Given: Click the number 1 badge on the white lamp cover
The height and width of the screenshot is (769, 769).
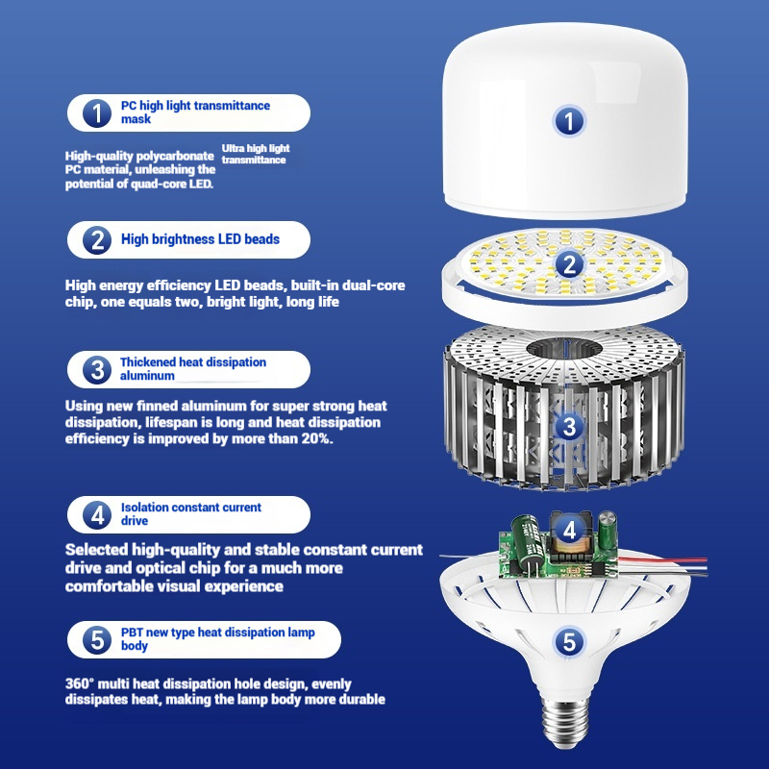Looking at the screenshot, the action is pyautogui.click(x=569, y=121).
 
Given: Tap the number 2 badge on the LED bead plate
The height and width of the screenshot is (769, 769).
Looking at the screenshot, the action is pyautogui.click(x=569, y=264).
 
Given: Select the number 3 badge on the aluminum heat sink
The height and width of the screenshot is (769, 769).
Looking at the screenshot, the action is pyautogui.click(x=569, y=426).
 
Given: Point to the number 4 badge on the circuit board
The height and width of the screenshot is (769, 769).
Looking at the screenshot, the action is pyautogui.click(x=569, y=531).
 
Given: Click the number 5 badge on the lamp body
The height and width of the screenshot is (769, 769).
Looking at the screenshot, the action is pyautogui.click(x=569, y=641).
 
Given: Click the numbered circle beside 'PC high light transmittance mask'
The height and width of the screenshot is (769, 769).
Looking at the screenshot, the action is pyautogui.click(x=97, y=112).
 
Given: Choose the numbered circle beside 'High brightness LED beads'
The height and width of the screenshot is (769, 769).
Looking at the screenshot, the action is pyautogui.click(x=97, y=239).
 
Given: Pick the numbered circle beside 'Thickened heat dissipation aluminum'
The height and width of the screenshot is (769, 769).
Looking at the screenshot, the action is pyautogui.click(x=97, y=369).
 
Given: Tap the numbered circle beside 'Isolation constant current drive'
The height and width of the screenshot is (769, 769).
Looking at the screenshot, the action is pyautogui.click(x=97, y=514).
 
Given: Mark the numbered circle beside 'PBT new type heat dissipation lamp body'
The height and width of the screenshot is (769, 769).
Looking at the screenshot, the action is pyautogui.click(x=97, y=639).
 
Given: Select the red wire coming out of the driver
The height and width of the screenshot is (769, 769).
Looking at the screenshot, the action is pyautogui.click(x=662, y=559).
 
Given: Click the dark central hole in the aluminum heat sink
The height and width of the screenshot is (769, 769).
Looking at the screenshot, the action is pyautogui.click(x=564, y=349).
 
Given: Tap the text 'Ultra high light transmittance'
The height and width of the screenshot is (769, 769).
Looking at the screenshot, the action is pyautogui.click(x=256, y=154).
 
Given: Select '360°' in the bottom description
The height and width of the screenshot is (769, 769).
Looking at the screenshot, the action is pyautogui.click(x=80, y=683).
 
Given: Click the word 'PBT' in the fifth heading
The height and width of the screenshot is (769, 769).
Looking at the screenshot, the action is pyautogui.click(x=132, y=633).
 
